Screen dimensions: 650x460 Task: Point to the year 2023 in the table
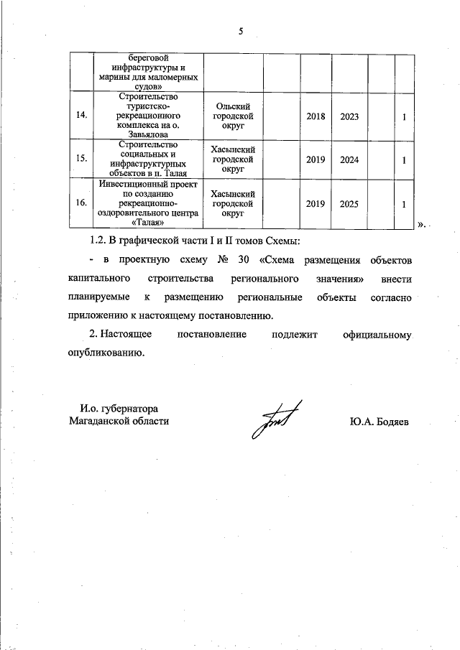349,116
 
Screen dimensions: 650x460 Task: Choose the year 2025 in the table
349,204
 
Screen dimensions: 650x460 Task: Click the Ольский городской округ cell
231,116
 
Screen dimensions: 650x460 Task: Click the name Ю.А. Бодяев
378,422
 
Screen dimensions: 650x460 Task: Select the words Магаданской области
119,421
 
